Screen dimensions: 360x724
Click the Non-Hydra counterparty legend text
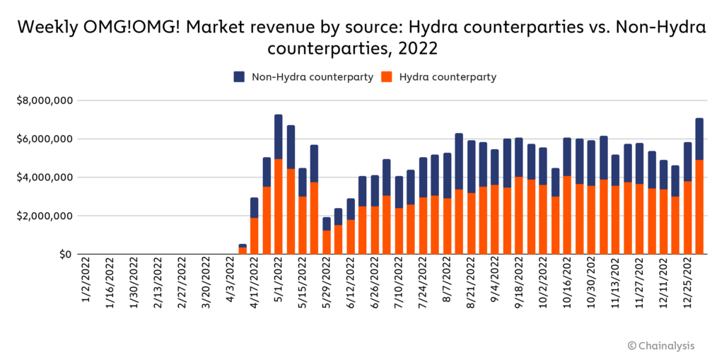pyautogui.click(x=313, y=77)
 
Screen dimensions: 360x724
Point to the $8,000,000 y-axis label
pyautogui.click(x=45, y=100)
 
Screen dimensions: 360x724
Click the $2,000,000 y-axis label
pyautogui.click(x=45, y=216)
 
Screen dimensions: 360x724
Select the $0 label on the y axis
pyautogui.click(x=65, y=254)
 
